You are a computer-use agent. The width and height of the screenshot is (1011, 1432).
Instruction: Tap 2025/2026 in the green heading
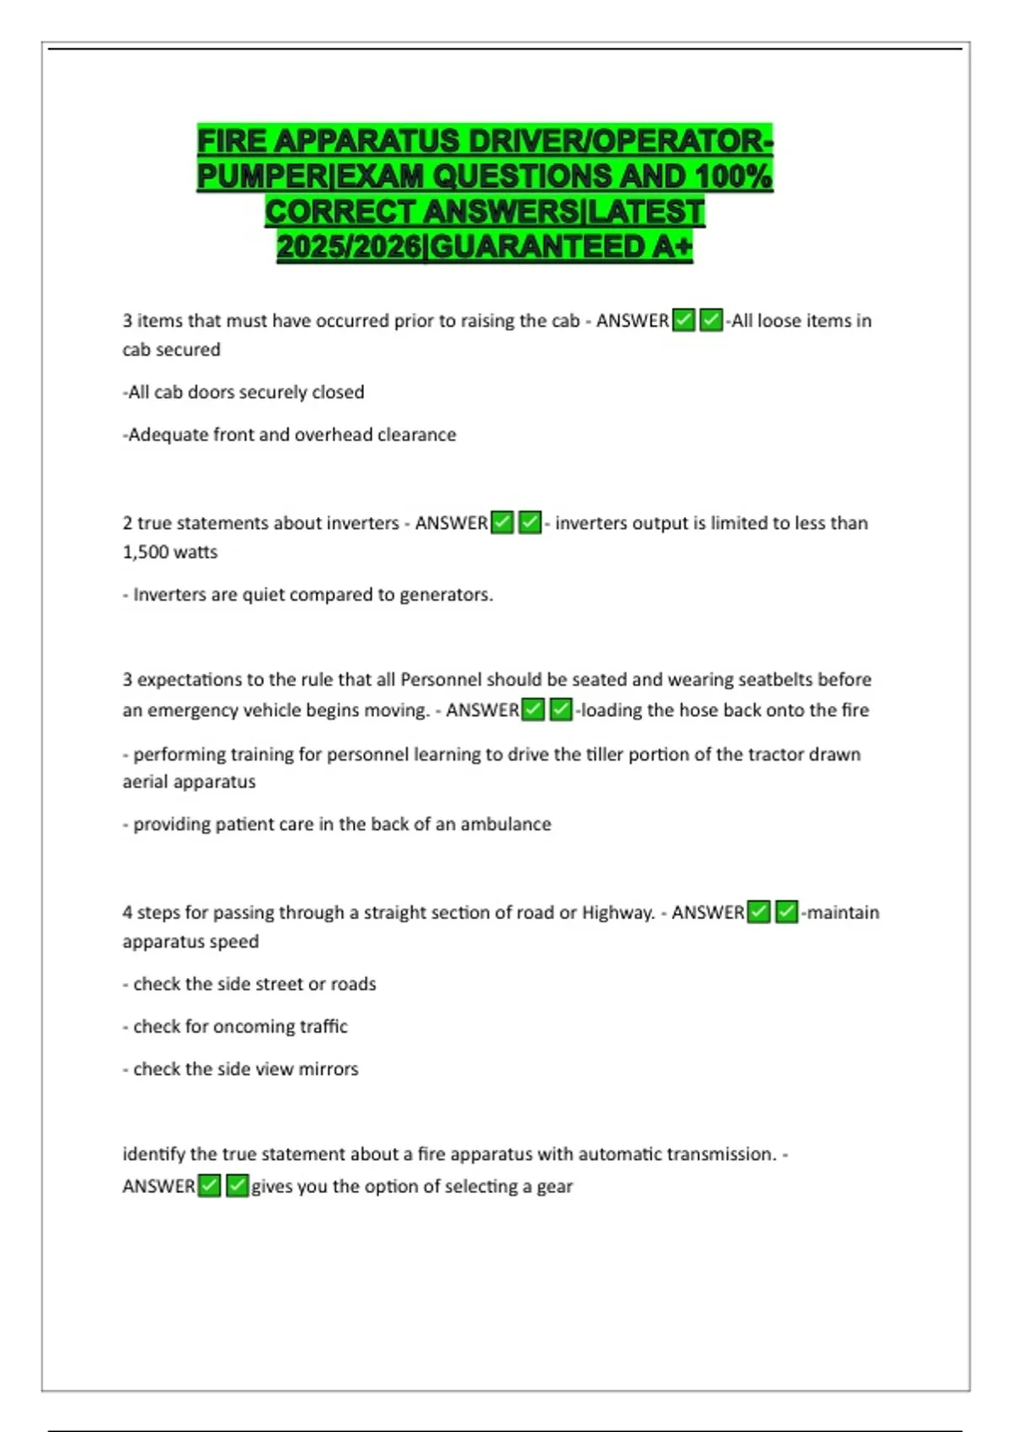pos(349,247)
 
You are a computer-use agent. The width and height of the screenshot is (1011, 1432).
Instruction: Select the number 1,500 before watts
pos(146,553)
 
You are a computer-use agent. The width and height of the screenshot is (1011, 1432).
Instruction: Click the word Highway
pos(618,912)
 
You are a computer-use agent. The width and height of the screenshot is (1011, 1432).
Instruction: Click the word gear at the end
pos(554,1186)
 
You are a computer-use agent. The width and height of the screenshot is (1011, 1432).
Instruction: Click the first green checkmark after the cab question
pos(683,321)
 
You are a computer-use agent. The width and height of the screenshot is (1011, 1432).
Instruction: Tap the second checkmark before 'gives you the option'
pos(238,1186)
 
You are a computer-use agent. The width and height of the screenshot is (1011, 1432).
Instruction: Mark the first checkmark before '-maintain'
pos(759,912)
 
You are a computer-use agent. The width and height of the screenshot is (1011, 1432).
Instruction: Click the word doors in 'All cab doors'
pos(211,393)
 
